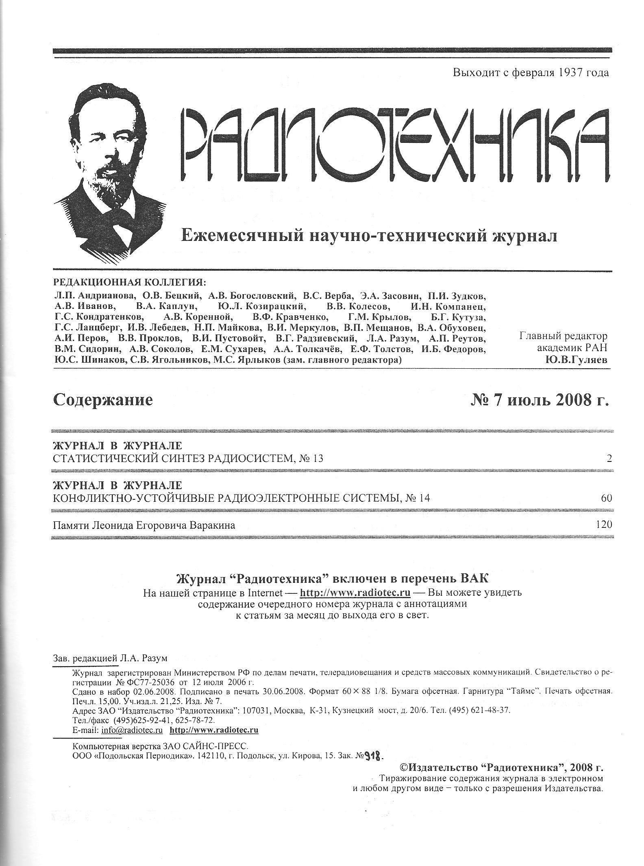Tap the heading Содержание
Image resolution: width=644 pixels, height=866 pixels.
[103, 400]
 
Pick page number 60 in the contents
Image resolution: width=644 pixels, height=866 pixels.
[606, 498]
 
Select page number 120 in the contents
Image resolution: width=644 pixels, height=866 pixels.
[604, 525]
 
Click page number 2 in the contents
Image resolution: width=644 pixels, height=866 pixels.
[609, 459]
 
